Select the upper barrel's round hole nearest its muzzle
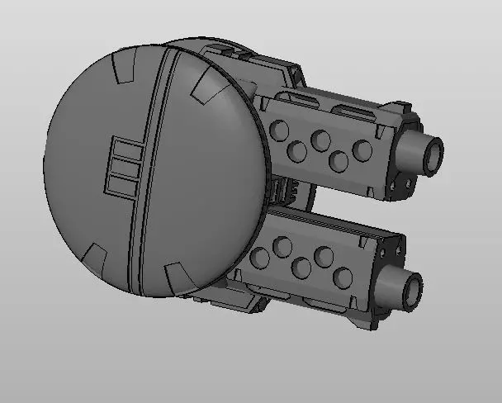[x=362, y=150]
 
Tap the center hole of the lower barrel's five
[x=301, y=268]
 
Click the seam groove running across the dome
[x=146, y=165]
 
